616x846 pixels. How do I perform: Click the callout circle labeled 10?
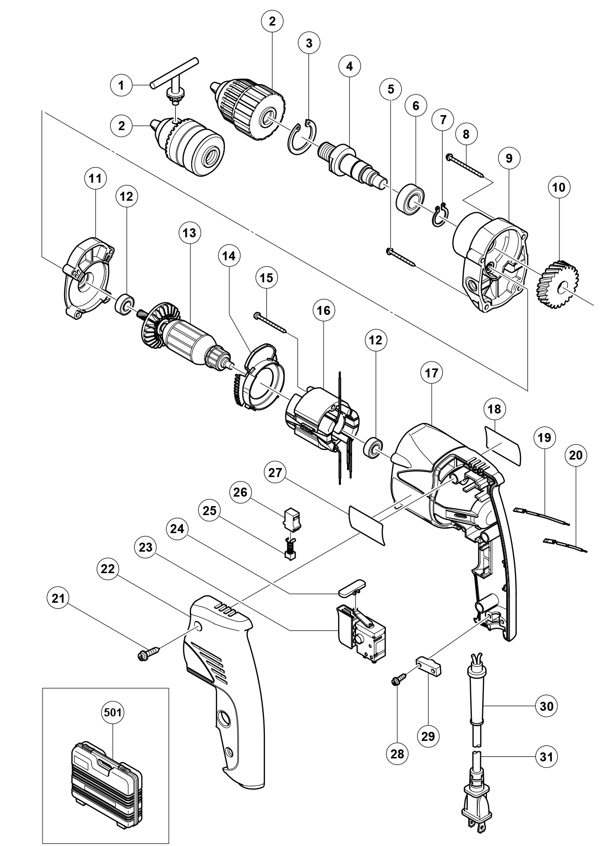(x=558, y=187)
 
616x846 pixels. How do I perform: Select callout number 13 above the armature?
(x=190, y=233)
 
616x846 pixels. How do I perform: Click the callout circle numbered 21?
(x=59, y=598)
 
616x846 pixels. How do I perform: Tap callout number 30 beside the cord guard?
(x=546, y=706)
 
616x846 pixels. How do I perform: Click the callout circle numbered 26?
(x=240, y=492)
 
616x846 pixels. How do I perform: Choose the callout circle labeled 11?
(x=96, y=179)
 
